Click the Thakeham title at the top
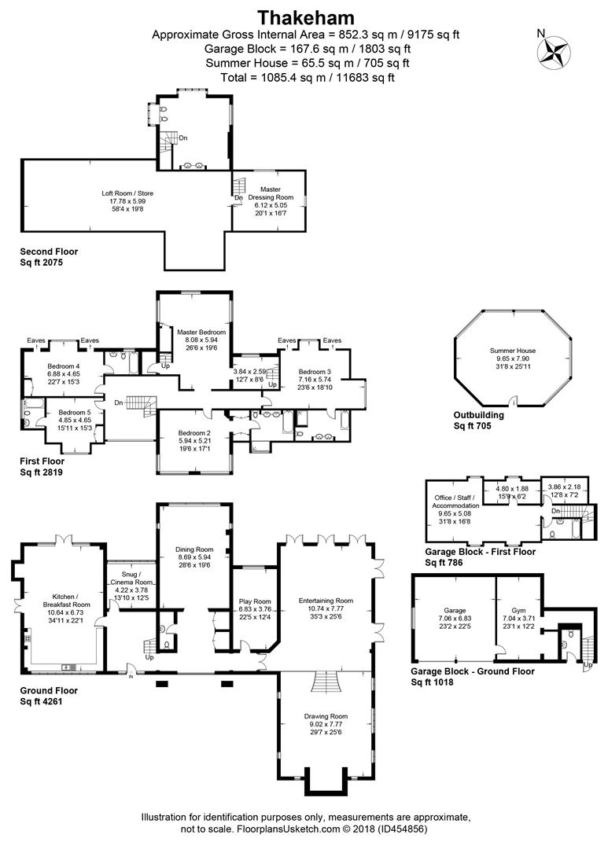click(x=306, y=17)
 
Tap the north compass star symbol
click(x=554, y=53)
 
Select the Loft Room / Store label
click(x=127, y=193)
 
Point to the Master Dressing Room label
click(x=271, y=193)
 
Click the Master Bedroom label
click(x=201, y=332)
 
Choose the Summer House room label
click(x=513, y=351)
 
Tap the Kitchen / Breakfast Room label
click(x=66, y=601)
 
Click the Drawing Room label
click(x=326, y=716)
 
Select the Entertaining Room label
click(x=326, y=601)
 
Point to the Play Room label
click(x=255, y=601)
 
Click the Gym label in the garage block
click(x=518, y=610)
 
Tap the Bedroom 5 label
click(x=74, y=412)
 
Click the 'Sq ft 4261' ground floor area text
click(x=41, y=701)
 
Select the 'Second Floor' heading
click(x=49, y=252)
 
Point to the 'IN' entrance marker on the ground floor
click(x=131, y=676)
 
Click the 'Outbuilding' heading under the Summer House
click(x=478, y=415)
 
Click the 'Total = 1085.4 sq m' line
click(x=308, y=77)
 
